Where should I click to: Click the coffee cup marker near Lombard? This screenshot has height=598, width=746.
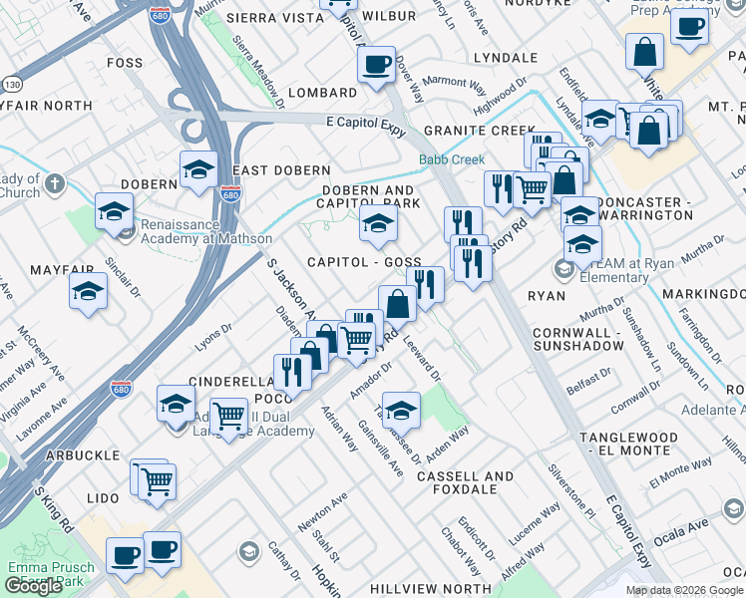pyautogui.click(x=376, y=66)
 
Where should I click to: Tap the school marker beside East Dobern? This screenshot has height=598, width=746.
pyautogui.click(x=198, y=169)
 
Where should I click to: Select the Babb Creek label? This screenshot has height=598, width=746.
pyautogui.click(x=451, y=159)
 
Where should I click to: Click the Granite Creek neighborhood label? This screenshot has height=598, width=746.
pyautogui.click(x=479, y=131)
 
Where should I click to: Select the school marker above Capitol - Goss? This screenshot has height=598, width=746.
pyautogui.click(x=378, y=225)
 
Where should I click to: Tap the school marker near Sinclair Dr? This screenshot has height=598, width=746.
pyautogui.click(x=89, y=292)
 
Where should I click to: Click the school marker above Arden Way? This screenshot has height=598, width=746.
pyautogui.click(x=401, y=410)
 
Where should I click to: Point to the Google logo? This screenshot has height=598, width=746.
pyautogui.click(x=34, y=586)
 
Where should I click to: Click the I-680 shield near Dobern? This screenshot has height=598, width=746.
pyautogui.click(x=231, y=195)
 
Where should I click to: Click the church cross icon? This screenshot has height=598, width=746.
pyautogui.click(x=55, y=184)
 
